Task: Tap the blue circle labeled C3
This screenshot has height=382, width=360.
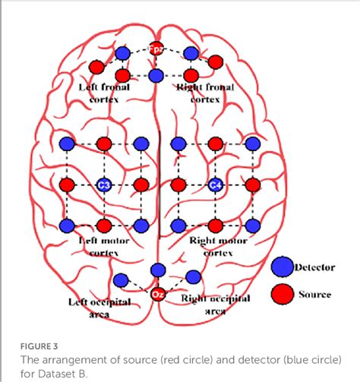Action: (104, 185)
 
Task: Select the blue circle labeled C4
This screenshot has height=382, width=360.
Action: (216, 185)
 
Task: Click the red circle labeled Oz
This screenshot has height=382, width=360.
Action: (158, 293)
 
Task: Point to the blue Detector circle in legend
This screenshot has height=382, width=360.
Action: (283, 267)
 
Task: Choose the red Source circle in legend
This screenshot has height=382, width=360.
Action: (283, 293)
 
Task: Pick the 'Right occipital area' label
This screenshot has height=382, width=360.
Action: (216, 305)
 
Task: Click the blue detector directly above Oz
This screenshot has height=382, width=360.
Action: (158, 270)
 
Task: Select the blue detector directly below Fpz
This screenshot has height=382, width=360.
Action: (156, 76)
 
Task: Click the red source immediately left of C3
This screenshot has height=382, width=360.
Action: (67, 185)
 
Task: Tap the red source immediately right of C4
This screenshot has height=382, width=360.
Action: (252, 185)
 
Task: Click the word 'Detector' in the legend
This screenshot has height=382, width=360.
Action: (314, 267)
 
